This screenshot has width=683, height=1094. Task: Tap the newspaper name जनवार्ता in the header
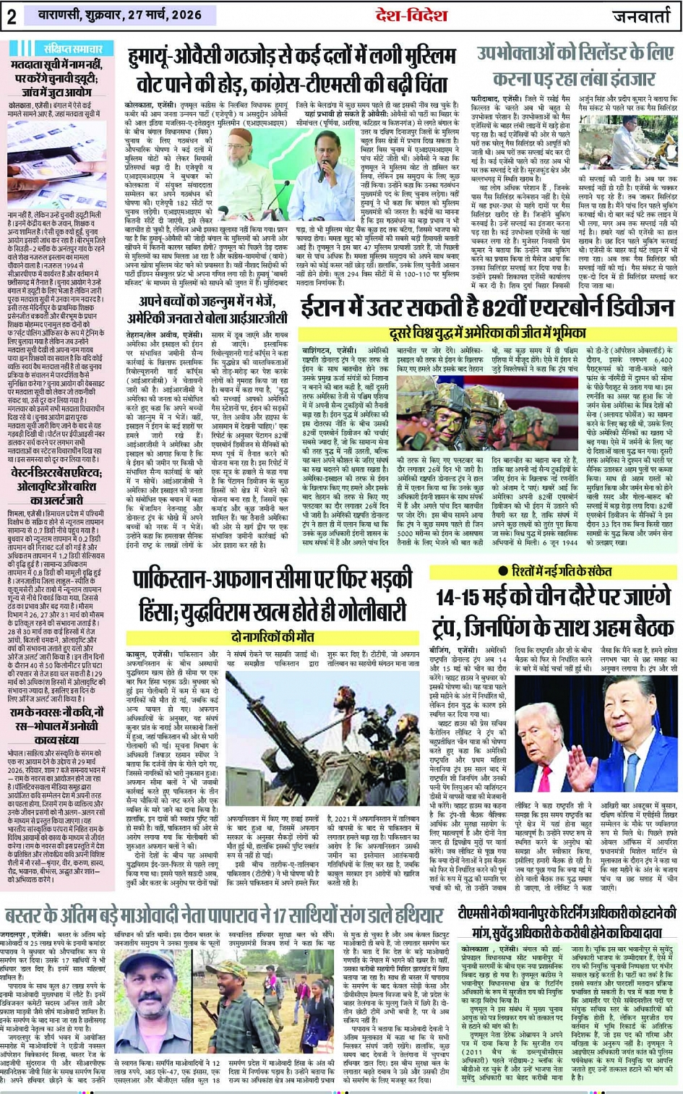641,17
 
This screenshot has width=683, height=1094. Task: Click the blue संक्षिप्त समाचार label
67,48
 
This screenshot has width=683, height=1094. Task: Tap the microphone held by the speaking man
322,174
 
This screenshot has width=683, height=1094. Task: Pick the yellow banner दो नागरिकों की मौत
272,637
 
